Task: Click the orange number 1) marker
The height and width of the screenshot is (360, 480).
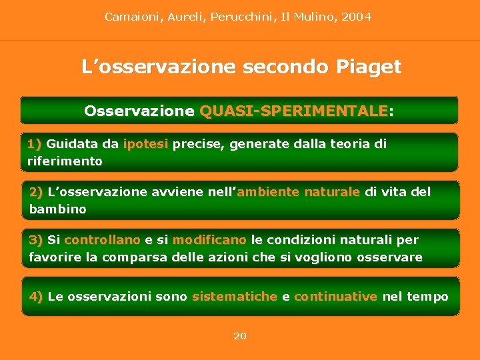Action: pos(35,144)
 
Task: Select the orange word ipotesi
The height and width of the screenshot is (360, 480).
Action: pos(146,144)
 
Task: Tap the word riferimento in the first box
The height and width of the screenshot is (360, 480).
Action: pos(65,161)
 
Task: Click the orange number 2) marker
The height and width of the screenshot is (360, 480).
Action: pos(37,192)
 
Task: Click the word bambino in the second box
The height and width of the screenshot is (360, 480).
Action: pos(58,209)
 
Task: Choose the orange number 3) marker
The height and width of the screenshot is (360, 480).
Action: pos(36,240)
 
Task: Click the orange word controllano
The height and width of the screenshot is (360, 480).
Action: pos(102,240)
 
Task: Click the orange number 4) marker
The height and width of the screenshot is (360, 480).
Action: pos(37,297)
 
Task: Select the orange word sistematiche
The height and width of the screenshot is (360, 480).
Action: pos(234,297)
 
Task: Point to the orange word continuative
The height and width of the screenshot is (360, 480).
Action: pos(335,297)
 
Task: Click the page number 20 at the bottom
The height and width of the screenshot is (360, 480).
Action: pos(240,336)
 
